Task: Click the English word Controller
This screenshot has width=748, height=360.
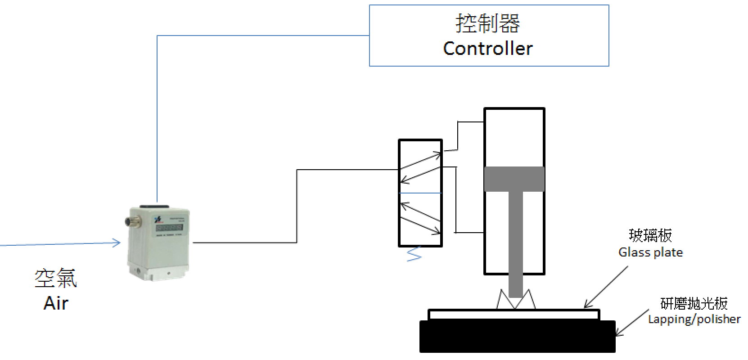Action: pos(487,49)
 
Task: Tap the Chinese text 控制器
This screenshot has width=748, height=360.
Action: pos(488,23)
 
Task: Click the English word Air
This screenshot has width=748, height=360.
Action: pos(56,303)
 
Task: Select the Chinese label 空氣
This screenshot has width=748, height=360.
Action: pos(56,278)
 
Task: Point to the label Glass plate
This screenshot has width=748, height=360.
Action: pos(650,252)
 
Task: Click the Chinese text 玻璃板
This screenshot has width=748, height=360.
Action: pos(650,235)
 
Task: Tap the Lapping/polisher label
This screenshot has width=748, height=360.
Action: pos(694,319)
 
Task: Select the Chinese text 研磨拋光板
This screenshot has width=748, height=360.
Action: pos(694,303)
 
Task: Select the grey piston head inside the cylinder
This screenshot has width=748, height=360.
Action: pos(514,179)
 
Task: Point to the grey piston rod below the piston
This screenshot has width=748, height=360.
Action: pos(516,244)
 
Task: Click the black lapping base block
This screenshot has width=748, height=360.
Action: pos(517,336)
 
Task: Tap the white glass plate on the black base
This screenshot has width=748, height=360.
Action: pos(514,315)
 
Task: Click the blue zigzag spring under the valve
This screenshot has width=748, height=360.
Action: pos(414,254)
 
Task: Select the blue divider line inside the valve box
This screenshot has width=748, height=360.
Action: pos(420,193)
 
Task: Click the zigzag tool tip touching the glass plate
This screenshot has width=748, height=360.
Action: pos(516,299)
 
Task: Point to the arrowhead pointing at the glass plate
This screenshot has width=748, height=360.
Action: pos(586,304)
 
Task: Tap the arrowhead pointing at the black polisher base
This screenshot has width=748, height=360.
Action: pos(618,332)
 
